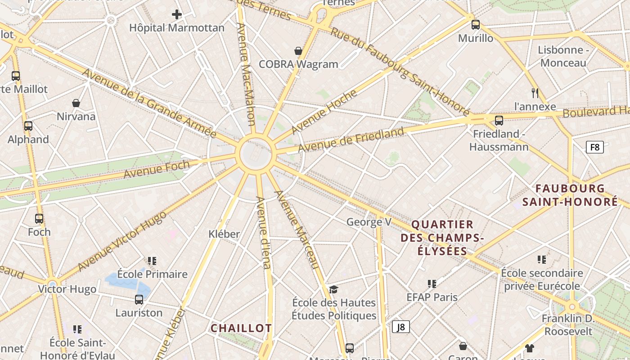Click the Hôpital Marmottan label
point(177,28)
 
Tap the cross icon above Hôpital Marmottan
point(177,14)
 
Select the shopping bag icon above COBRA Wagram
point(298,51)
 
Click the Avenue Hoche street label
point(324,112)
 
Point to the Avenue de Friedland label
point(351,140)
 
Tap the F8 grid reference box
point(594,147)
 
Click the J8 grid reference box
point(400,327)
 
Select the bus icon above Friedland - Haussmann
point(499,121)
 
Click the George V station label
point(369,222)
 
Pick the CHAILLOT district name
point(241,328)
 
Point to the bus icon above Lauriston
point(139,300)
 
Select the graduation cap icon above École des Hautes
point(333,289)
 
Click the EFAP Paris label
point(432,297)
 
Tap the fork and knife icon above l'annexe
point(535,93)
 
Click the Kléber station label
point(224,234)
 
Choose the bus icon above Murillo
point(476,25)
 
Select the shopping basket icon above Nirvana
point(76,103)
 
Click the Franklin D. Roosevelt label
point(568,325)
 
